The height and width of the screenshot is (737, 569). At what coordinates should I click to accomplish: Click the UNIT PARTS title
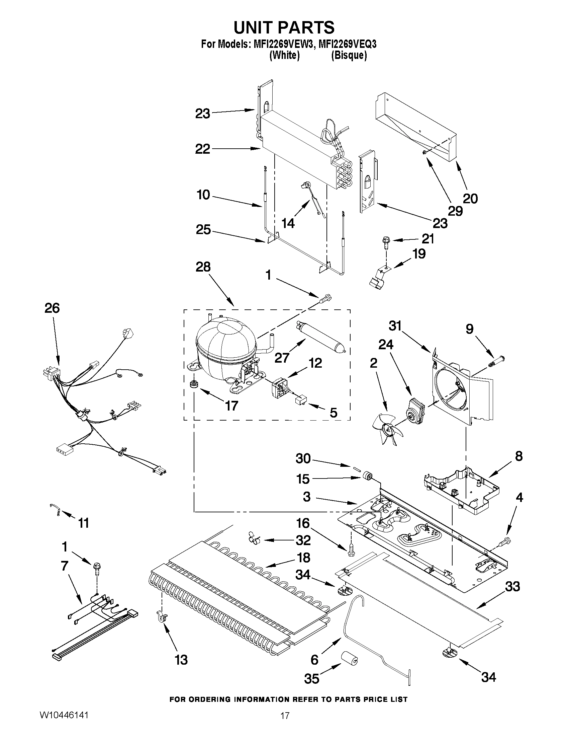coord(284,27)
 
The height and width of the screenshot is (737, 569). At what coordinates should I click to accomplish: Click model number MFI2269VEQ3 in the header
coord(347,44)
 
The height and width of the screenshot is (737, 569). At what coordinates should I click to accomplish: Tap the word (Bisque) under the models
coord(349,55)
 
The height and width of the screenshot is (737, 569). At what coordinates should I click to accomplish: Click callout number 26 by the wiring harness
coord(52,308)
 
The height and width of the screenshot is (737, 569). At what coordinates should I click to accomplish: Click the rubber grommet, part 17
coord(193,384)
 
